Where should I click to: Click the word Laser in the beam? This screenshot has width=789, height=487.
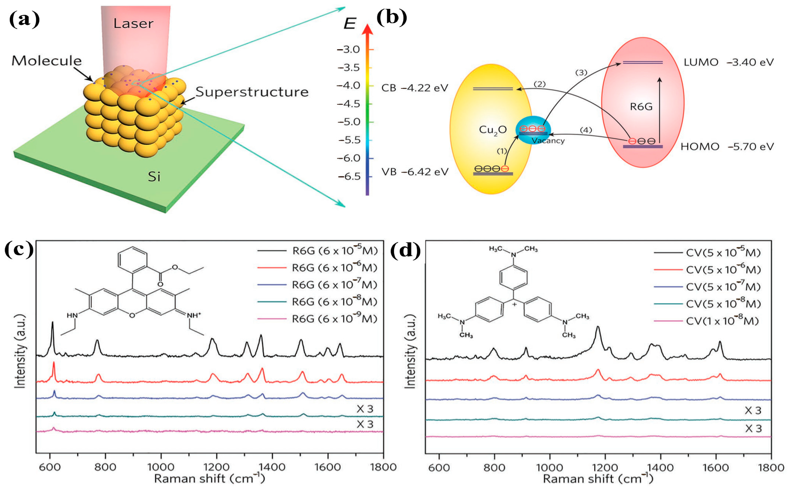133,24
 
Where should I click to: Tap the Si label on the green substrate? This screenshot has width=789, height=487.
154,177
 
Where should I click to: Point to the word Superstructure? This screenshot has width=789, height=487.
252,92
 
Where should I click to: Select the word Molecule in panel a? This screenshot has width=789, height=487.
47,61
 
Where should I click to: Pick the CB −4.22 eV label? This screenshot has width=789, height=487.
415,88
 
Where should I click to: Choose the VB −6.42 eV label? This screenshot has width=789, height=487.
415,172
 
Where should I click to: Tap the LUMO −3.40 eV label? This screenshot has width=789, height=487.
728,62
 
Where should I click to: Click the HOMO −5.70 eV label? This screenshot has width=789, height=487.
727,147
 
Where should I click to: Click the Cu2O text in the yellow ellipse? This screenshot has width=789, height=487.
492,130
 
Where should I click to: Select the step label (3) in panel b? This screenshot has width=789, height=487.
581,72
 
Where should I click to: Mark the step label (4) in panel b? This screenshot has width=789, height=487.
586,130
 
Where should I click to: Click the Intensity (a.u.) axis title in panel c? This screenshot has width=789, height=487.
20,351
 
